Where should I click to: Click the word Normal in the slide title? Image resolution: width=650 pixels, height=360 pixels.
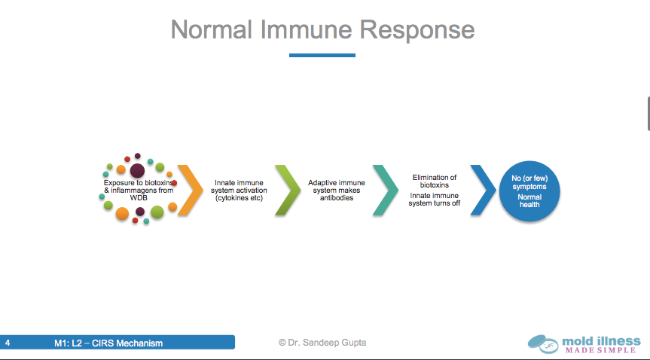pos(212,29)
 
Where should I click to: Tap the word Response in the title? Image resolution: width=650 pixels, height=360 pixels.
pos(417,31)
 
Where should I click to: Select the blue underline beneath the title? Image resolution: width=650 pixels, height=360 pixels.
pos(322,55)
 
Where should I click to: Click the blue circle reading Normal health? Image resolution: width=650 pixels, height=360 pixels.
pos(529,191)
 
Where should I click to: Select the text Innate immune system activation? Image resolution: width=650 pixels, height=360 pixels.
pos(239,191)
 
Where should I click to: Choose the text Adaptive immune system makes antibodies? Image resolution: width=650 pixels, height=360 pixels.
pos(337,191)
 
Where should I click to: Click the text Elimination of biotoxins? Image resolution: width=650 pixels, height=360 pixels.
pos(435,182)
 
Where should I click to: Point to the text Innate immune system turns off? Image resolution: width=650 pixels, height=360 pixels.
pos(435,200)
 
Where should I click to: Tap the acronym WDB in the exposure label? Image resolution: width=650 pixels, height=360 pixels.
pos(139,198)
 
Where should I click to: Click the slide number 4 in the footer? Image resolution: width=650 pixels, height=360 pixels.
pos(8,343)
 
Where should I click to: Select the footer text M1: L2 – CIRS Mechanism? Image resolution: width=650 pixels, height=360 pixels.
pos(108,343)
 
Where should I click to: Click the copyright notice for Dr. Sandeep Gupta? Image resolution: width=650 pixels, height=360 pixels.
pos(322,343)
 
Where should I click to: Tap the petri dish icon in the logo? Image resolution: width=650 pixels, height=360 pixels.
pos(543,343)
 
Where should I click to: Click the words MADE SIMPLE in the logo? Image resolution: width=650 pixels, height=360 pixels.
pos(600,350)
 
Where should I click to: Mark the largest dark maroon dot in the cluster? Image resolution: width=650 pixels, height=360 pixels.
pos(137,170)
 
